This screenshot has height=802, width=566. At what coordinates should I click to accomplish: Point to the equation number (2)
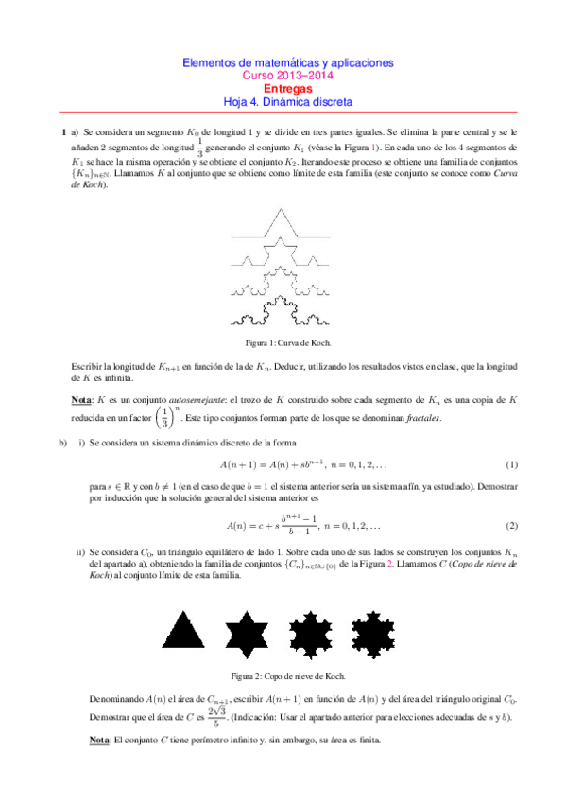(512, 525)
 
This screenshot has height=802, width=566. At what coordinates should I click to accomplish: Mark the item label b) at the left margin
(63, 443)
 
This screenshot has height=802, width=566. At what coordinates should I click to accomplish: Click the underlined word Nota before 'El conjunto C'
(84, 740)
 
